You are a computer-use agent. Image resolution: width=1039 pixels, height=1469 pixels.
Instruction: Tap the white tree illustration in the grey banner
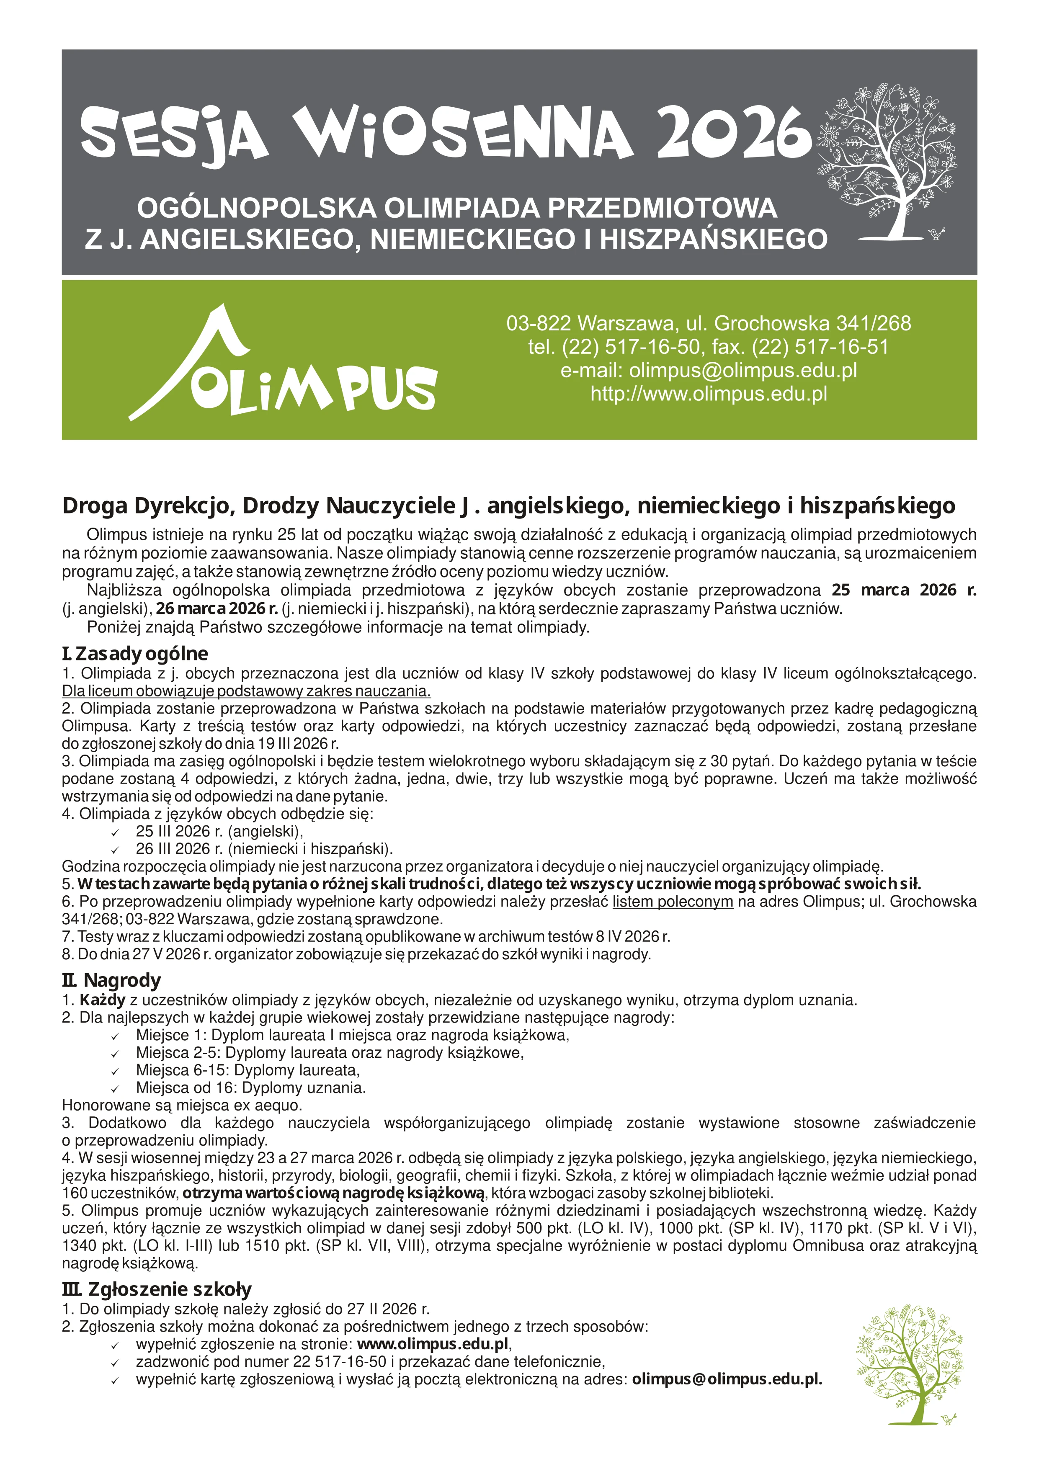(x=888, y=160)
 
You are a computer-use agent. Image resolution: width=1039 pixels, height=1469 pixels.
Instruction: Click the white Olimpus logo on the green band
(x=281, y=365)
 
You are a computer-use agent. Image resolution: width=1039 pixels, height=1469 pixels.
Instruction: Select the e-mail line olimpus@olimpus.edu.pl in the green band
(x=708, y=371)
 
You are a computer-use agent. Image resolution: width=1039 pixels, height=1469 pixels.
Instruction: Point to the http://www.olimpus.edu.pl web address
(x=708, y=394)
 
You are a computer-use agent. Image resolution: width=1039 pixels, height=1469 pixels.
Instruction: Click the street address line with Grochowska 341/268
(x=708, y=323)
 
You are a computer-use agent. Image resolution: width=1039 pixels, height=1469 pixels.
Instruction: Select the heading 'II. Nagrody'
(x=111, y=980)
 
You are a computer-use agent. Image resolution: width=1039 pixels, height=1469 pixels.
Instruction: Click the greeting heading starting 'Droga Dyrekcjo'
(x=509, y=506)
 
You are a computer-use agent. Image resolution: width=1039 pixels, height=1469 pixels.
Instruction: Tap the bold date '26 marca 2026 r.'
(x=217, y=608)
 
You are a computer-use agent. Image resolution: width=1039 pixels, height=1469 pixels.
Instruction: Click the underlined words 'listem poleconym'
(x=673, y=902)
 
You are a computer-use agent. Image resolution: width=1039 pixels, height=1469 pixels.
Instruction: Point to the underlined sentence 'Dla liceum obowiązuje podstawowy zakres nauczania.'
(x=246, y=692)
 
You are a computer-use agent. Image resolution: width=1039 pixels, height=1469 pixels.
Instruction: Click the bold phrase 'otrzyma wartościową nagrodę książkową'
(x=334, y=1193)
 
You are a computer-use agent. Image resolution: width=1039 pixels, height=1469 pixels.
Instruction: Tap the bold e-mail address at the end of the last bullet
(x=727, y=1379)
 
